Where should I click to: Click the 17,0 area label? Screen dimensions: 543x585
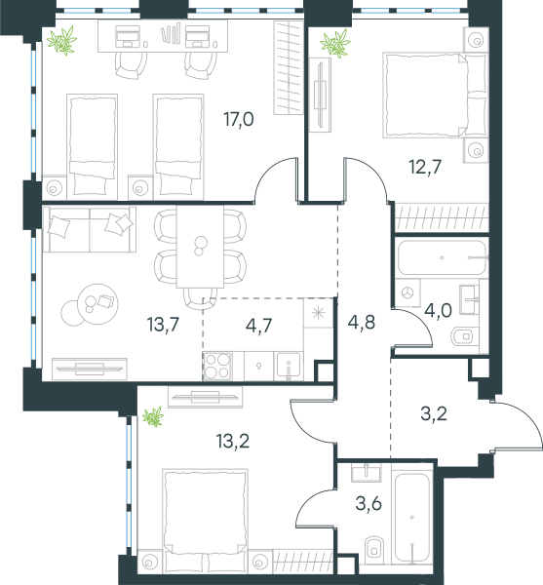pos(239,119)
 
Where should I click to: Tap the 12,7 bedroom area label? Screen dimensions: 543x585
pos(425,167)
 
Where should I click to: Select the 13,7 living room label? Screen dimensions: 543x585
pos(164,325)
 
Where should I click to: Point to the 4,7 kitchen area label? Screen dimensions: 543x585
pos(258,326)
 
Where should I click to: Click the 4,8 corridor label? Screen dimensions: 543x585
pos(361,323)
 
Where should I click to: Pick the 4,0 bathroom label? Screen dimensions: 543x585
pos(439,310)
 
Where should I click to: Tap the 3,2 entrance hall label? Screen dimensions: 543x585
pos(434,413)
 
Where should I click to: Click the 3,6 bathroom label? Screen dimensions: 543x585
pos(368,504)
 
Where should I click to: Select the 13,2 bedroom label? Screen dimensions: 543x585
pos(233,441)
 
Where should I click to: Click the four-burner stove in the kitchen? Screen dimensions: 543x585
pos(217,366)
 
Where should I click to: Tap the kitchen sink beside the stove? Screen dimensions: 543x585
pos(289,366)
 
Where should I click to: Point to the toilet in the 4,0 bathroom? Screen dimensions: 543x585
pos(462,336)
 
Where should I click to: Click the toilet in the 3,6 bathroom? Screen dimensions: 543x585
pos(373,548)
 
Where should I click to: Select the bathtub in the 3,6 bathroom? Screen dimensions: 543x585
pos(412,517)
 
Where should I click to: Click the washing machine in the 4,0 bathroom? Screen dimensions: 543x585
pos(407,292)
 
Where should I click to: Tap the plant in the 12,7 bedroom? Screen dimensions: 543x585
pos(335,43)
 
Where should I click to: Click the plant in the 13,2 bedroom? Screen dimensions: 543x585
pos(153,416)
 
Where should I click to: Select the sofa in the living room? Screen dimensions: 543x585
pos(89,229)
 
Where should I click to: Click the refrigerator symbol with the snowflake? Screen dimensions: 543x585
pos(318,313)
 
